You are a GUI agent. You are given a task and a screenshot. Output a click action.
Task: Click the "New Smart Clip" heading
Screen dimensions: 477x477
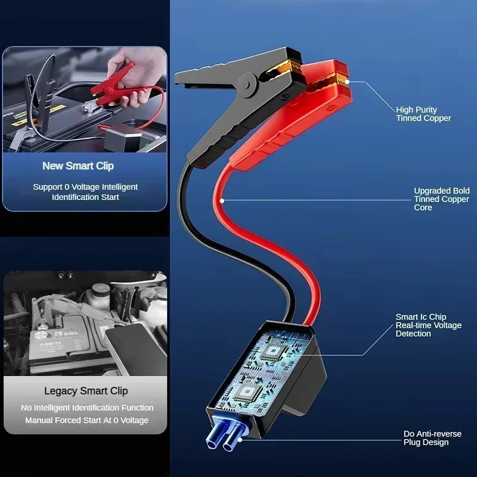[78, 166]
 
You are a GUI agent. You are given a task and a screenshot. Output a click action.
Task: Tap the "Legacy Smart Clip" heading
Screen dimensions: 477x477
[86, 391]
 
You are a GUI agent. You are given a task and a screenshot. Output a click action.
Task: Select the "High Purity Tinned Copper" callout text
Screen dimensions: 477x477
[423, 114]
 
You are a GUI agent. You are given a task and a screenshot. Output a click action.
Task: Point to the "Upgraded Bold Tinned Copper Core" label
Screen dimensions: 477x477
[442, 199]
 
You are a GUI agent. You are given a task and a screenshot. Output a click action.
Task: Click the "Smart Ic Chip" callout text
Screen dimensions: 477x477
[421, 317]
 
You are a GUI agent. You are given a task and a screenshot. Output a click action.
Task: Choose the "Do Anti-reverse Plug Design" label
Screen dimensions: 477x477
[432, 438]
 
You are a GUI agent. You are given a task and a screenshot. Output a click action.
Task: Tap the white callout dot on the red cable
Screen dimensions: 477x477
[222, 201]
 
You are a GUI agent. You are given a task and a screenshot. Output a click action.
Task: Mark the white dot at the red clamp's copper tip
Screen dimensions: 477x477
[347, 82]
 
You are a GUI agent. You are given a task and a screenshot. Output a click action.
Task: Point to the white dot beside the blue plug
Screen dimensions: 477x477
[240, 439]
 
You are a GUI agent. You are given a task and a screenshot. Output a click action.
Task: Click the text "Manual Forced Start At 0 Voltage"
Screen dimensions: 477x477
[86, 420]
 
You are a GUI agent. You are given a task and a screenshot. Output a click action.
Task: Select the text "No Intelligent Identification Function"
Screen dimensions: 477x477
[87, 408]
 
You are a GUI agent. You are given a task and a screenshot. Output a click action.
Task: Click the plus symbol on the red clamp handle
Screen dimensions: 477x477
[330, 108]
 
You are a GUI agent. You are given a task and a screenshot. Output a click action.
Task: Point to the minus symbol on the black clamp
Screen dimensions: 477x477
[283, 97]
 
